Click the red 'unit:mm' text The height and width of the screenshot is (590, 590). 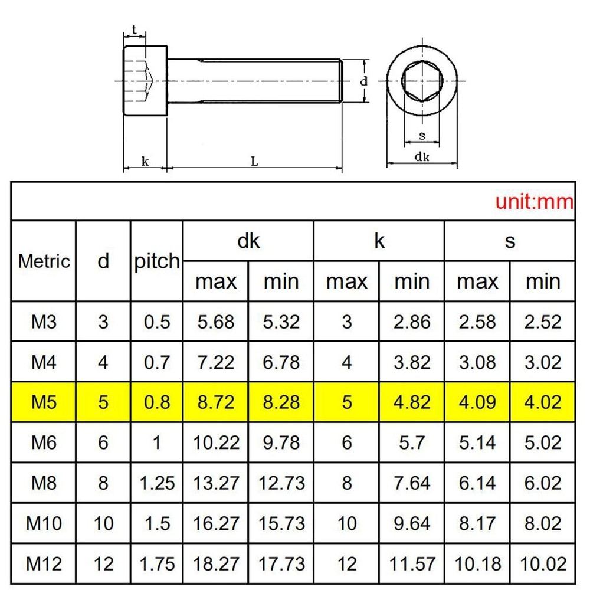534,202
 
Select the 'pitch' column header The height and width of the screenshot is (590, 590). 157,261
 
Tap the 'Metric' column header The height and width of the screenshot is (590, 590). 44,261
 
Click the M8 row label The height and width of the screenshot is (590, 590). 44,483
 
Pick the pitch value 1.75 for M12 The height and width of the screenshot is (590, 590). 157,564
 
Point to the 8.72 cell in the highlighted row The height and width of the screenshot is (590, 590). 216,402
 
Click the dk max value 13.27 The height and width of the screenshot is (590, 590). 216,483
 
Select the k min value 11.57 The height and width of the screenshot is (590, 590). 412,564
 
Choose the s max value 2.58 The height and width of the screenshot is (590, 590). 477,322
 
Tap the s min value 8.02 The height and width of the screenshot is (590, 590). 543,523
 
